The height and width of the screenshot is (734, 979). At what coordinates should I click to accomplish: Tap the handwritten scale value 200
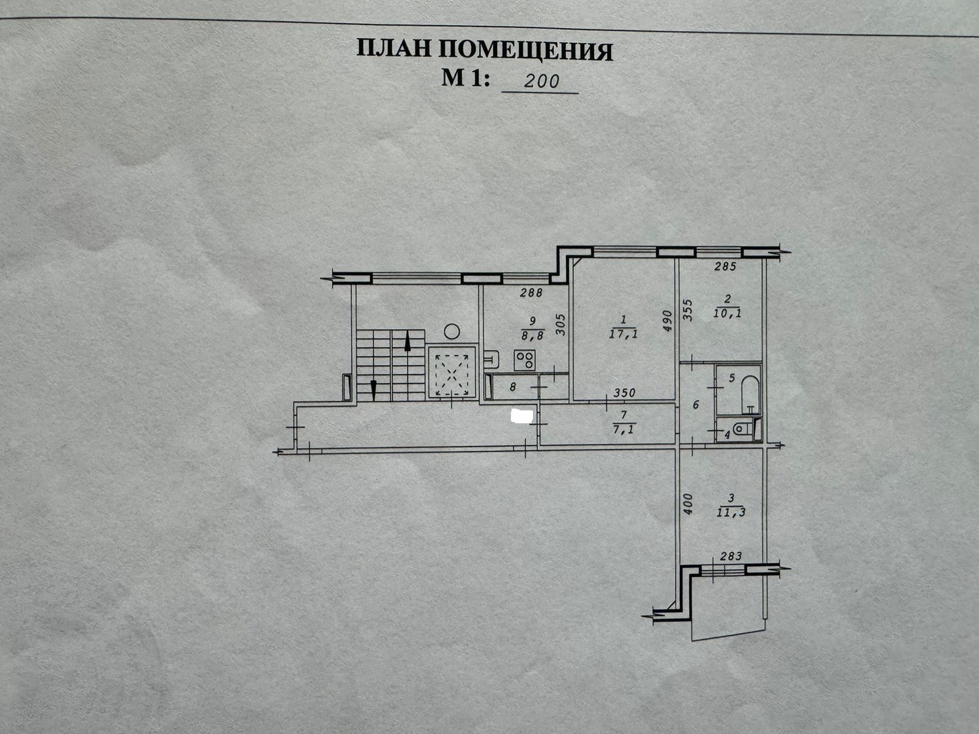[x=542, y=80]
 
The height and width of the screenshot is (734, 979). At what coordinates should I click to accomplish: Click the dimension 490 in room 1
[x=667, y=321]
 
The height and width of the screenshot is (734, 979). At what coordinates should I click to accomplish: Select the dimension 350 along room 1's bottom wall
[x=625, y=393]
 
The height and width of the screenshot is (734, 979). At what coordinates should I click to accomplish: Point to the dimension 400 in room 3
[x=687, y=503]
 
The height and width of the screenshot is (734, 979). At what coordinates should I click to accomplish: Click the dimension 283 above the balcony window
[x=731, y=556]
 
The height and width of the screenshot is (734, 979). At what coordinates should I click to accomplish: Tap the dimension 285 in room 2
[x=724, y=267]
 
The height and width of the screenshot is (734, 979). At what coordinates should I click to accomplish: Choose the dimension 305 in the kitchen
[x=560, y=324]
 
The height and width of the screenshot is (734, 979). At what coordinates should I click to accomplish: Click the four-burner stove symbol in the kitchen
[x=524, y=360]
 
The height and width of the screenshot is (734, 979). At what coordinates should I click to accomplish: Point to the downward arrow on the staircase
[x=373, y=388]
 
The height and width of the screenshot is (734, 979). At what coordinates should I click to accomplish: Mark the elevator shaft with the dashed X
[x=452, y=371]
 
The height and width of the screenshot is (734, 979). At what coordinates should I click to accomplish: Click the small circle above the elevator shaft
[x=452, y=332]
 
